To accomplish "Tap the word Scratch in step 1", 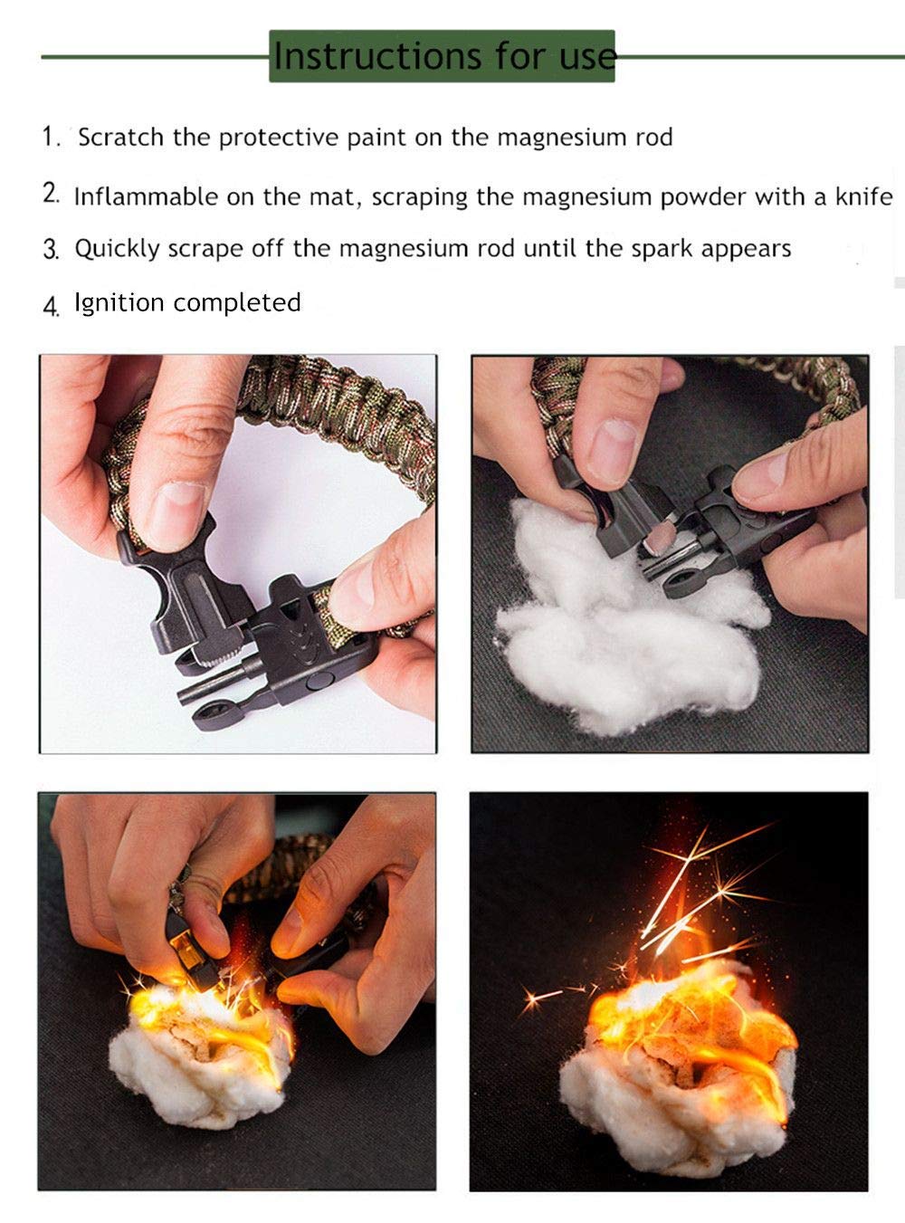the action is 120,137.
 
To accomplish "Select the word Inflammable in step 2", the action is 146,196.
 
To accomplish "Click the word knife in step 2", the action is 863,196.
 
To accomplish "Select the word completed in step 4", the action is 237,303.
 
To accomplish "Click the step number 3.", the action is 50,250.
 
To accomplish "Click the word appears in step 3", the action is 746,249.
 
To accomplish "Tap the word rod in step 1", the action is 654,137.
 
